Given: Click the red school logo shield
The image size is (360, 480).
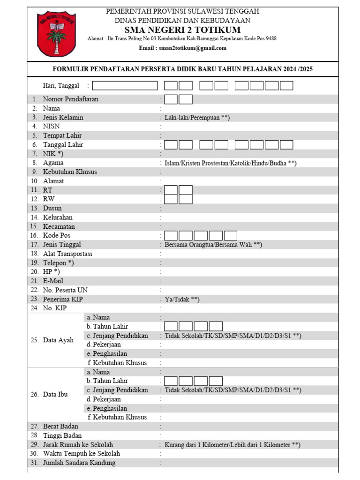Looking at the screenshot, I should click(x=57, y=34).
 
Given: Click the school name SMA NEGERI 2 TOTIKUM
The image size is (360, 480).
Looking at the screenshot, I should click(x=182, y=30).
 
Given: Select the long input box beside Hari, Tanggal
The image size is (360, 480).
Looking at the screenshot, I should click(x=128, y=86).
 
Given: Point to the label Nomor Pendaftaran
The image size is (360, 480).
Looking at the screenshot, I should click(x=71, y=99).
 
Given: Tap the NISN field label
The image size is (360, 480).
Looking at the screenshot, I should click(x=51, y=127).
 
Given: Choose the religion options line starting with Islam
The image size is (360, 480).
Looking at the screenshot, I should click(x=230, y=163).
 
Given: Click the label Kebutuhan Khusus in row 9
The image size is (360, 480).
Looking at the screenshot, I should click(x=70, y=172).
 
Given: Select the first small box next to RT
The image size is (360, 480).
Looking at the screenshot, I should click(x=171, y=190).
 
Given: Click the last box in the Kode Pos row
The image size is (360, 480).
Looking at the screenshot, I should click(x=231, y=236).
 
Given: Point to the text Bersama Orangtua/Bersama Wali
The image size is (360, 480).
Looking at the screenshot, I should click(x=213, y=245).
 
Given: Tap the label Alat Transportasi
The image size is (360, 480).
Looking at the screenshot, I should click(x=67, y=254).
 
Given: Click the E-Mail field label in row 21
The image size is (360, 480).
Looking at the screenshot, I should click(x=53, y=281).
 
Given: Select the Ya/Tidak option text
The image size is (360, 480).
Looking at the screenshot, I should click(x=182, y=299).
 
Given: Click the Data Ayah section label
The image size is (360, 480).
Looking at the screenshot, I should click(x=58, y=340).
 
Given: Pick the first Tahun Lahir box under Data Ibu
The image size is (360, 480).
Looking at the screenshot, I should click(x=171, y=381).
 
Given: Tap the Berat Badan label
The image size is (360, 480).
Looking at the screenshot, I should click(x=60, y=427).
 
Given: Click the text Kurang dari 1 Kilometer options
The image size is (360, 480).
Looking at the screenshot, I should click(x=232, y=445).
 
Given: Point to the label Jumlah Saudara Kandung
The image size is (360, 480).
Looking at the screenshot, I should click(x=79, y=463).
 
